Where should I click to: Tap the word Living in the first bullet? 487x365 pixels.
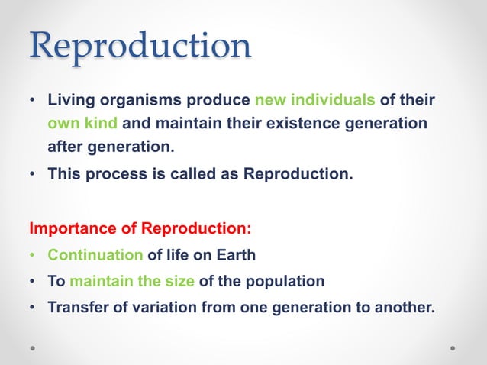coord(70,100)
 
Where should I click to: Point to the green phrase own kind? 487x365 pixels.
coord(83,123)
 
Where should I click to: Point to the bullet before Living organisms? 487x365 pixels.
coord(33,101)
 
